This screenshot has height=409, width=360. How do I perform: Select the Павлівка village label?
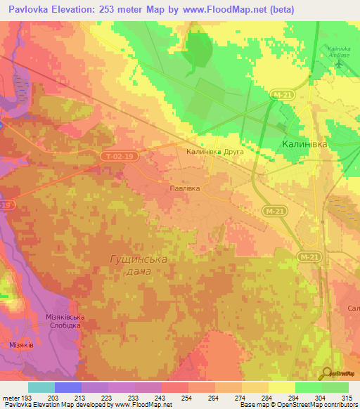186,188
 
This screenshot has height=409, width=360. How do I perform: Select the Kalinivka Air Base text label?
339,51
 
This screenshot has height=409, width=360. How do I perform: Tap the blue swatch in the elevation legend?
68,387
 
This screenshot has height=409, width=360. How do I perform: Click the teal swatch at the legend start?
41,387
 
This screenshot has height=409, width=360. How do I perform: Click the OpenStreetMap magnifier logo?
327,373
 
